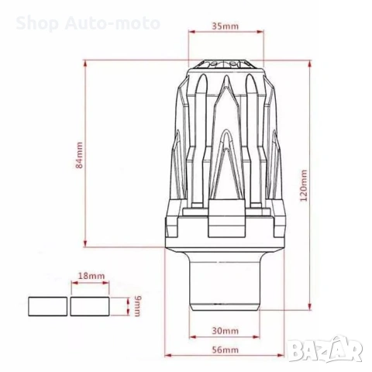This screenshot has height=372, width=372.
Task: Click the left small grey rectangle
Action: tap(48, 305)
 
